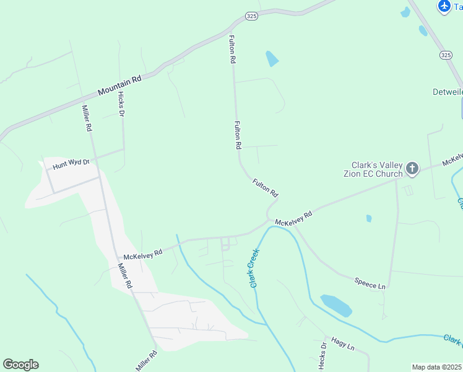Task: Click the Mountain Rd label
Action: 119,86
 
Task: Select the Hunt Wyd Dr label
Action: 71,164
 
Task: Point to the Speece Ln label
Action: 370,283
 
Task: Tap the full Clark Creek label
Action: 254,267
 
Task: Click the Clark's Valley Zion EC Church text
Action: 377,170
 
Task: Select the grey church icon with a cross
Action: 412,168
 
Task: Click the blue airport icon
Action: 444,6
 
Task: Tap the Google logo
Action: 20,365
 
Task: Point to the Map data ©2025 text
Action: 437,367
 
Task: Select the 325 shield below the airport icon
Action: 446,55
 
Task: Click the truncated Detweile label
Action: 447,92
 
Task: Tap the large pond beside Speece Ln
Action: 337,305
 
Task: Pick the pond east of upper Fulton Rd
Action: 272,59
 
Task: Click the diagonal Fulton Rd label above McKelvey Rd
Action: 265,187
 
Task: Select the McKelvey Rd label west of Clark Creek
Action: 142,254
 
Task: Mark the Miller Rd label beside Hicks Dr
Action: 87,118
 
